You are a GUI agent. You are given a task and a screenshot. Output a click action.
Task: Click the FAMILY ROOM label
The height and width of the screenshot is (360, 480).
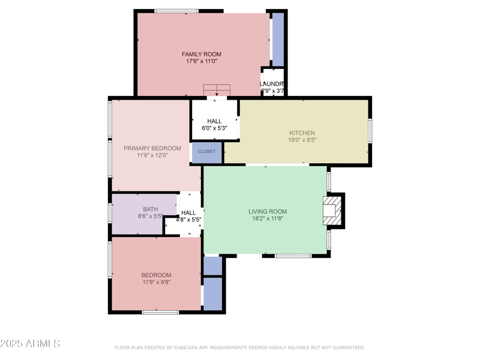tap(202, 54)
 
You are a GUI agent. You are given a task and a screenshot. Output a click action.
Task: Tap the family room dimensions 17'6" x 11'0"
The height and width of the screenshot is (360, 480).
tap(202, 61)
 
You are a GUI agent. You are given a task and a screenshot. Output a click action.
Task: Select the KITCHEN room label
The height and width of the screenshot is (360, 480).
tap(302, 133)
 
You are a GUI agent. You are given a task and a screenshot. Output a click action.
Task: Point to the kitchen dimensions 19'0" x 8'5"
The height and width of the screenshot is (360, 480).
tap(302, 140)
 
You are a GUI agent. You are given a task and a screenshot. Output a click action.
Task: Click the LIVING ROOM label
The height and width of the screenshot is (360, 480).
tap(268, 211)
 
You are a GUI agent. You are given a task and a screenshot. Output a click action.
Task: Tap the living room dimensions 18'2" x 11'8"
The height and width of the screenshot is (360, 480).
tap(268, 218)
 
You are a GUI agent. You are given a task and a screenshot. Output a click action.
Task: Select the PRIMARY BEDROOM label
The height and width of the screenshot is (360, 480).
tap(152, 148)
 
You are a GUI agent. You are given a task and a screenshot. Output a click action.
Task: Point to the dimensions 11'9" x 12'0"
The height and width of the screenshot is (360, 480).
tap(152, 155)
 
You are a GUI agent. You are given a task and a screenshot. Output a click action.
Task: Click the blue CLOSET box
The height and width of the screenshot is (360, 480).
tap(207, 152)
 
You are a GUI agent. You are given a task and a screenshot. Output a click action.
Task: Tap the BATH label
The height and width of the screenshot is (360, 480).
tap(150, 209)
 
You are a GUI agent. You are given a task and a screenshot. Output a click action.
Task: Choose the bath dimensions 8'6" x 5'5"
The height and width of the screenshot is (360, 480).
tap(150, 216)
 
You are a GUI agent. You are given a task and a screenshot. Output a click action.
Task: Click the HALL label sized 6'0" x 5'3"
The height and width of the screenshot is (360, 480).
tap(214, 121)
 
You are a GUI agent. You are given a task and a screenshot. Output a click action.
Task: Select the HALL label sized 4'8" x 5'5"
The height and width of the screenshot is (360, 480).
tap(188, 212)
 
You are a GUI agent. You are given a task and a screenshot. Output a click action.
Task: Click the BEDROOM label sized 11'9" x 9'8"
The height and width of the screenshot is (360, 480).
tap(156, 275)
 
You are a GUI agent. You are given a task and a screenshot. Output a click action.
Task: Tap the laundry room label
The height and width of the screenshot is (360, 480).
tap(272, 84)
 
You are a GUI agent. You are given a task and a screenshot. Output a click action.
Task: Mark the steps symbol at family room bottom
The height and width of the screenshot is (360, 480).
tap(216, 91)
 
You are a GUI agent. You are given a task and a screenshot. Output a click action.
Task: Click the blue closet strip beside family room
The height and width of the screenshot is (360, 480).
tap(278, 39)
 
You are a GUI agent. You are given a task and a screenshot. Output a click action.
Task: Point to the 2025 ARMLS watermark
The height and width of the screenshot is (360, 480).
tap(30, 344)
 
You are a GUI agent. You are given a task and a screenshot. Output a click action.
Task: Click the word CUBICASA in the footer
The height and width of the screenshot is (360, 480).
tap(191, 347)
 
